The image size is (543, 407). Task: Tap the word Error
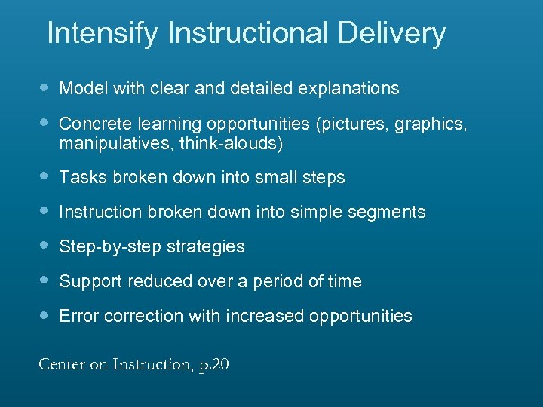tap(79, 317)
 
